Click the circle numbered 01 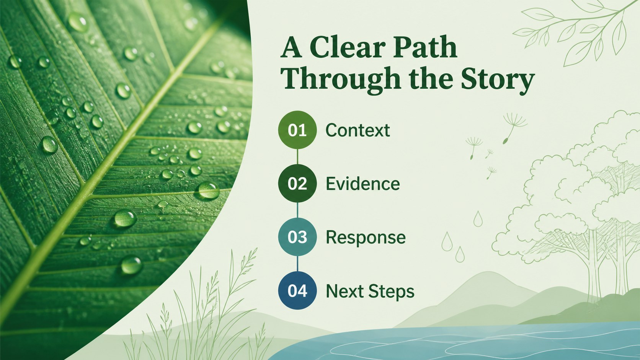coord(297,130)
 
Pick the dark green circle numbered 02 coord(297,183)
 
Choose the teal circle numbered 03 coord(297,237)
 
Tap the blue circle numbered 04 coord(297,290)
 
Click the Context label coord(358,130)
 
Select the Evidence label coord(363,184)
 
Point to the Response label coord(366,238)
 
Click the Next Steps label coord(370,291)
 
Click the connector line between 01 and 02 coord(297,156)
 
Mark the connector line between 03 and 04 coord(297,264)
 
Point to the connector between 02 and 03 coord(297,210)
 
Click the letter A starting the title coord(291,47)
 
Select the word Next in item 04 coord(344,291)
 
